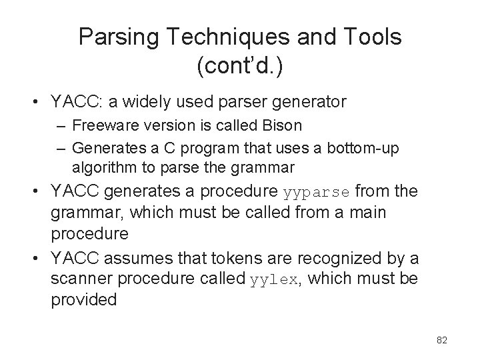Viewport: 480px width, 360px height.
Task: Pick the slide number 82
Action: click(441, 340)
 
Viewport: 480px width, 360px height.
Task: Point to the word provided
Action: click(83, 300)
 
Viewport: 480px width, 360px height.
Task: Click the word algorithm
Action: click(101, 165)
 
